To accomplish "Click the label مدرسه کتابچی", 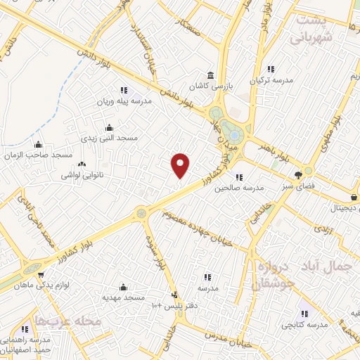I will [x=305, y=324].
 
